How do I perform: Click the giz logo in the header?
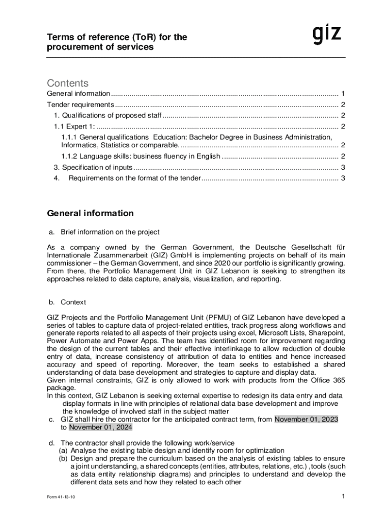326,36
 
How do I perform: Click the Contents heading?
68,83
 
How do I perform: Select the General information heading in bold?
90,213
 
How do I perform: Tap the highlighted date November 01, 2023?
306,420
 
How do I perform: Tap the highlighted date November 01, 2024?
100,428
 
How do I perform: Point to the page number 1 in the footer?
344,496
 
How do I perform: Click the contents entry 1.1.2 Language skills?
141,156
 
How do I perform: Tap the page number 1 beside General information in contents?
343,94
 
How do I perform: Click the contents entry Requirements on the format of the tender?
134,178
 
